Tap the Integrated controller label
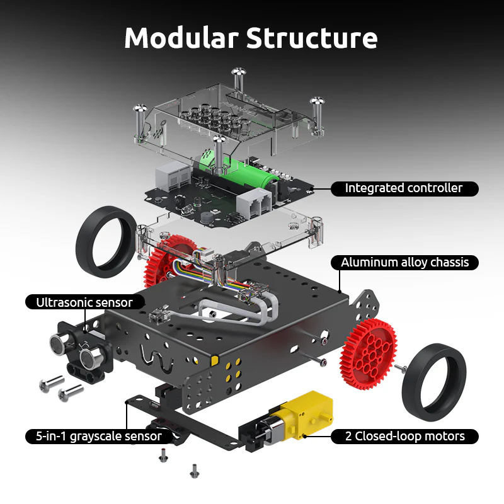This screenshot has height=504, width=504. [403, 188]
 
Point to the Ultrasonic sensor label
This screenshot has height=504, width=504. [84, 302]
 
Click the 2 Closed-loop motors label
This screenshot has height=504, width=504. [404, 436]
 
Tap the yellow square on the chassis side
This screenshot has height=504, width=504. [215, 360]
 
